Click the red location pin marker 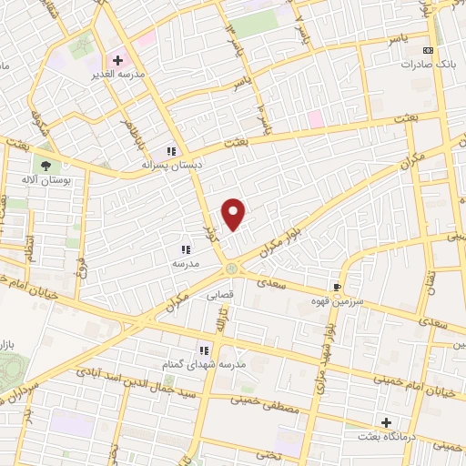pyautogui.click(x=235, y=214)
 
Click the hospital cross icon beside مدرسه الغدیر pyautogui.click(x=117, y=60)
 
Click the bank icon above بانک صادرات pyautogui.click(x=429, y=51)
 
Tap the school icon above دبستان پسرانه pyautogui.click(x=170, y=151)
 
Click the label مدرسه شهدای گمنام pyautogui.click(x=212, y=364)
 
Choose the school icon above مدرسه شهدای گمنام pyautogui.click(x=205, y=349)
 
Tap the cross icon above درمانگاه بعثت pyautogui.click(x=387, y=424)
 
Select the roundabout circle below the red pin pyautogui.click(x=232, y=268)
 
